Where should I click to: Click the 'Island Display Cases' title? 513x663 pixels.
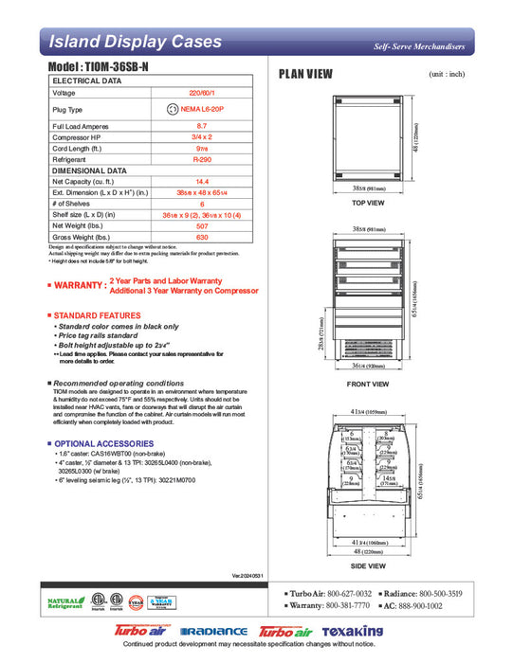(x=135, y=42)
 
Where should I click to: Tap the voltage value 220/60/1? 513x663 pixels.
(x=201, y=93)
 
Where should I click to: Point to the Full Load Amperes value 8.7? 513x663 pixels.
(x=201, y=126)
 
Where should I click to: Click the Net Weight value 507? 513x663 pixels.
(x=201, y=225)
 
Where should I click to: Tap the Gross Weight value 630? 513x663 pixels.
(x=201, y=237)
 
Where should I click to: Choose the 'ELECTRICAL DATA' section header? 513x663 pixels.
(x=86, y=81)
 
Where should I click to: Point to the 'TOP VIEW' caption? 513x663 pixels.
(x=367, y=204)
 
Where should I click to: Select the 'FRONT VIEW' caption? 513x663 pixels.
(x=367, y=384)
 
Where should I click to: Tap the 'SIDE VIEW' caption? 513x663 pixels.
(x=367, y=565)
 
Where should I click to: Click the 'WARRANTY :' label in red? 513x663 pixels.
(x=80, y=285)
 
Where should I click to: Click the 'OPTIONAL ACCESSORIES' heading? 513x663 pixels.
(x=103, y=443)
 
